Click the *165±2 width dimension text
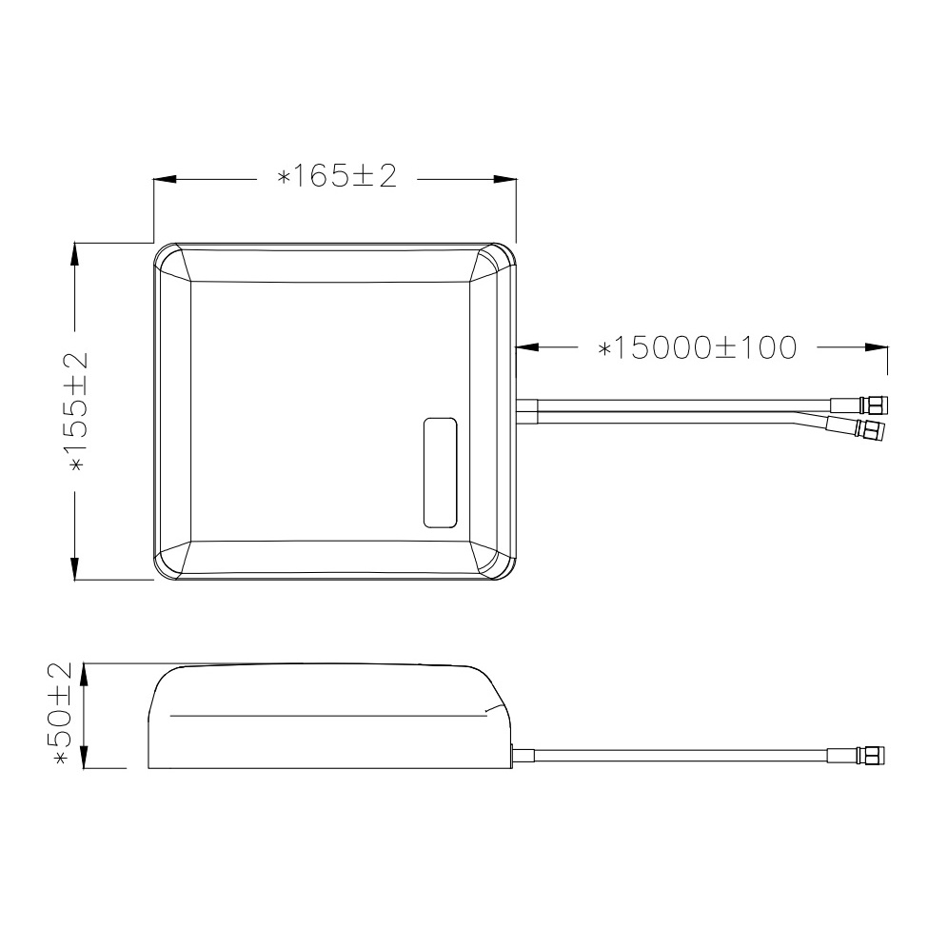point(336,176)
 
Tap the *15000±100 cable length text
point(697,347)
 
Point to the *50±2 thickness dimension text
point(63,714)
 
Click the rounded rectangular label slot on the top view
point(440,472)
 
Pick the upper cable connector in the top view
point(859,405)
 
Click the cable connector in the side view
point(856,755)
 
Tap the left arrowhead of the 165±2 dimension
point(165,180)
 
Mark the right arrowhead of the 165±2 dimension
point(505,180)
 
